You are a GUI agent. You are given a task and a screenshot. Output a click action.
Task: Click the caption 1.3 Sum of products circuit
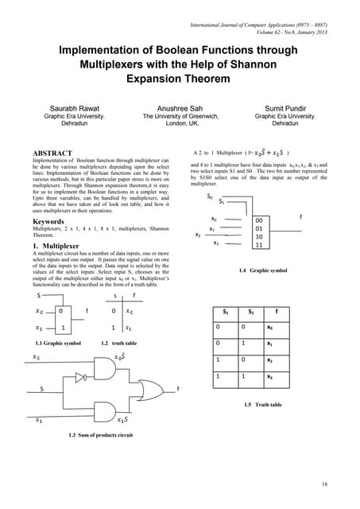100,435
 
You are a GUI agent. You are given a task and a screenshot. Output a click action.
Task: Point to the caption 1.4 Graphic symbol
264,293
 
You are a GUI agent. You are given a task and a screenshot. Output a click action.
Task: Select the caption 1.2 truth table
117,343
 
